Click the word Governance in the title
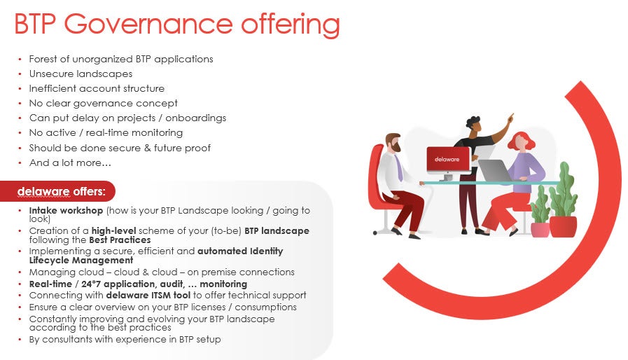point(148,25)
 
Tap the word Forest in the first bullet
point(43,59)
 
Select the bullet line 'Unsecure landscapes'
point(81,74)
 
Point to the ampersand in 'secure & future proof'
point(148,148)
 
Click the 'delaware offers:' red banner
point(58,191)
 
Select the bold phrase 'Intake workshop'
point(66,211)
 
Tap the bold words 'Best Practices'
point(120,240)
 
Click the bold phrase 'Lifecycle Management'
point(81,261)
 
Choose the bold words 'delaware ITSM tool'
point(148,296)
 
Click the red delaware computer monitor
point(448,160)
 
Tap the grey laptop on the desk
point(495,170)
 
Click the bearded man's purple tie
point(398,168)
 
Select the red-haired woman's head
point(521,141)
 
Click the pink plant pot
point(540,230)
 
